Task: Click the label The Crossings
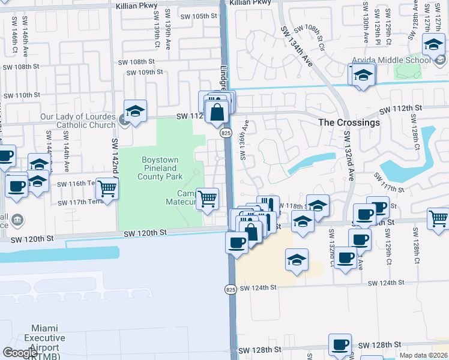point(349,122)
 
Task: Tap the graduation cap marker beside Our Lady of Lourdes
point(136,112)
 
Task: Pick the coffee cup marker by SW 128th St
point(340,345)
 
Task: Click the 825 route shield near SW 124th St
point(231,290)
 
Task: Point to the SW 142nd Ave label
point(113,156)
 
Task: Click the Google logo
point(20,353)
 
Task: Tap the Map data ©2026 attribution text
point(423,355)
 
